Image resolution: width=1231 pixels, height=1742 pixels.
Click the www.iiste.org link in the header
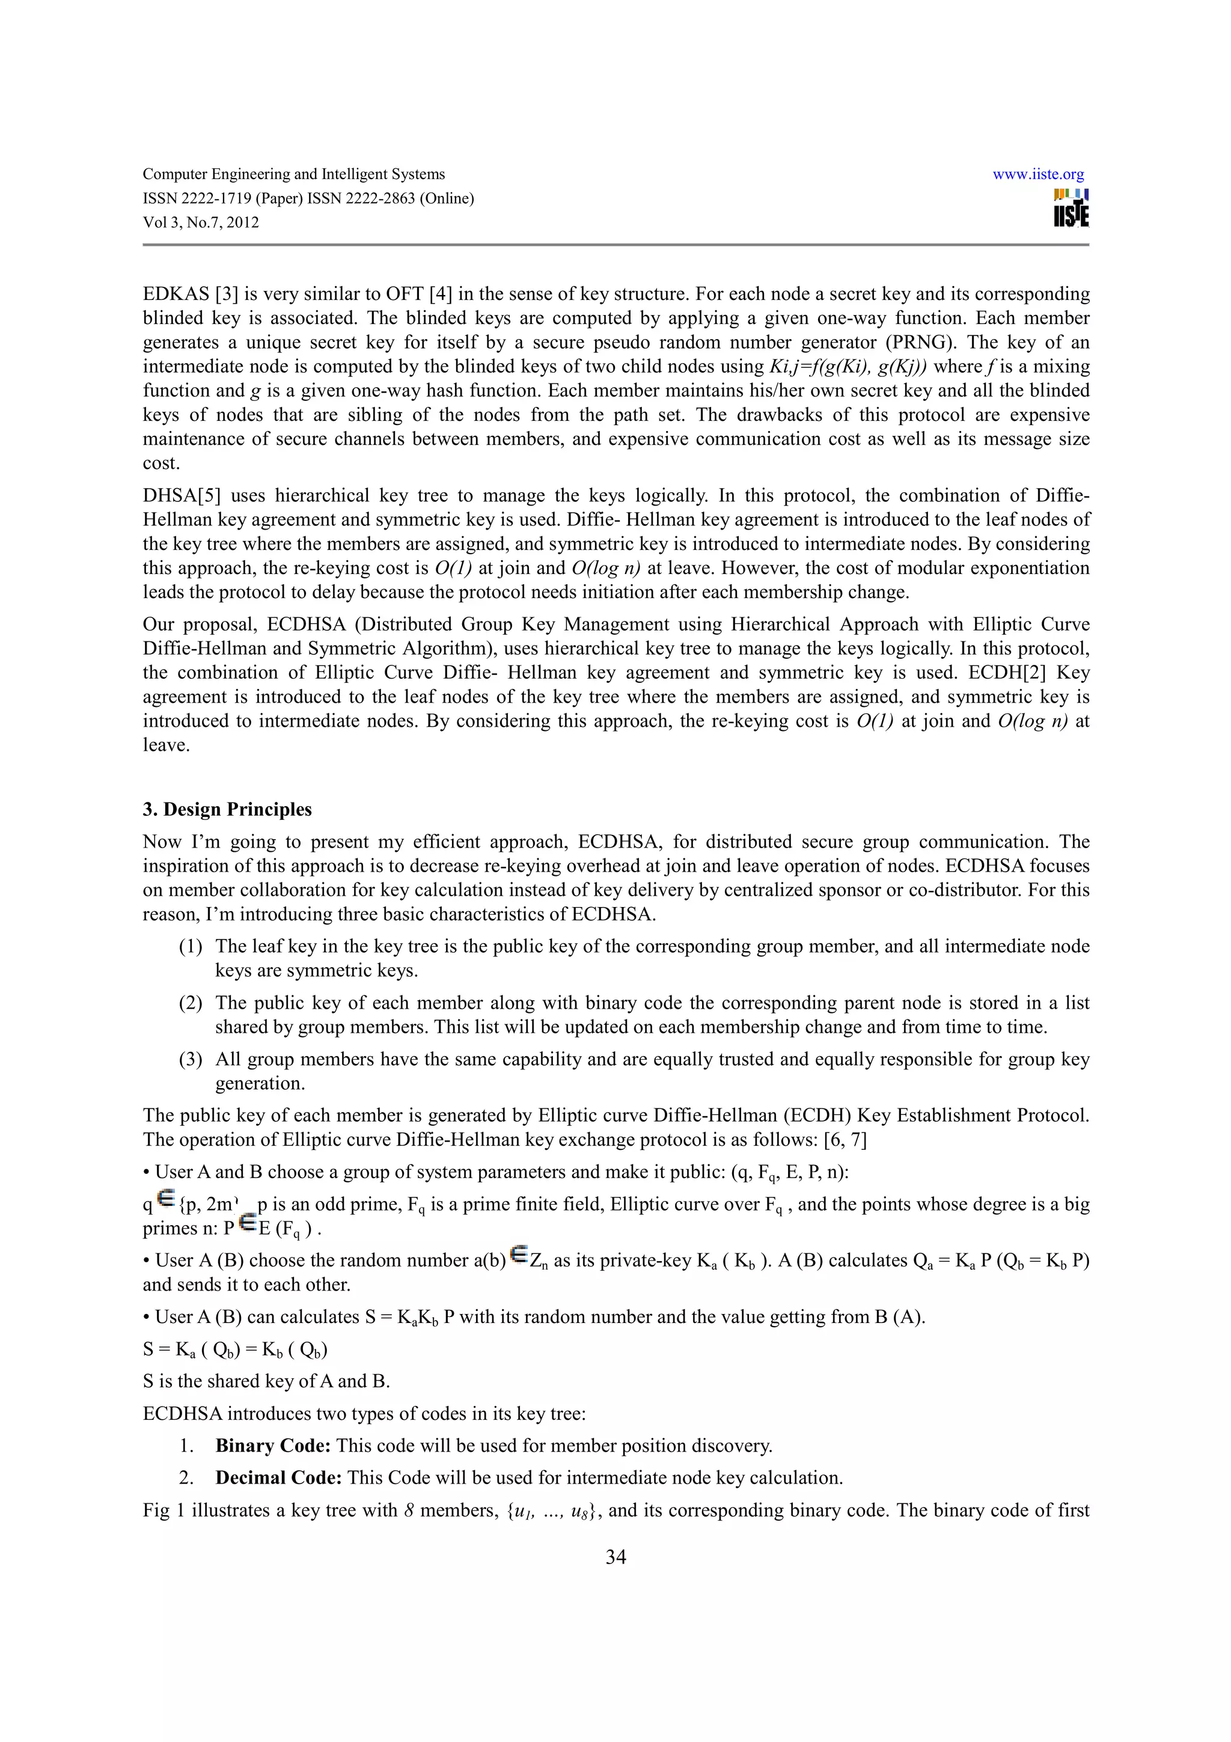click(x=1037, y=174)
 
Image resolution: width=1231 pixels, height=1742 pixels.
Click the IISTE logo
click(x=1071, y=208)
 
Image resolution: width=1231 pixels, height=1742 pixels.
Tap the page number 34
click(x=615, y=1557)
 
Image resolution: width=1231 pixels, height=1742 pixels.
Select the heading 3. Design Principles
click(x=227, y=810)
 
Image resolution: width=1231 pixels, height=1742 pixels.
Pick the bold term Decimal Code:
click(x=278, y=1478)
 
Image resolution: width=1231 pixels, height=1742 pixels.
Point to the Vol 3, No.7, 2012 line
click(x=201, y=223)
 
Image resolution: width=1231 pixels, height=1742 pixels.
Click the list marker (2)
click(x=191, y=1003)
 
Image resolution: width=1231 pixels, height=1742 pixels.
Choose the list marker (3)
click(x=191, y=1060)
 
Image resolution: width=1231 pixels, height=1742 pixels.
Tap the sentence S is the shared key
click(x=266, y=1381)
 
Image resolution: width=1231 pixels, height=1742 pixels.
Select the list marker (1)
click(x=191, y=947)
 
